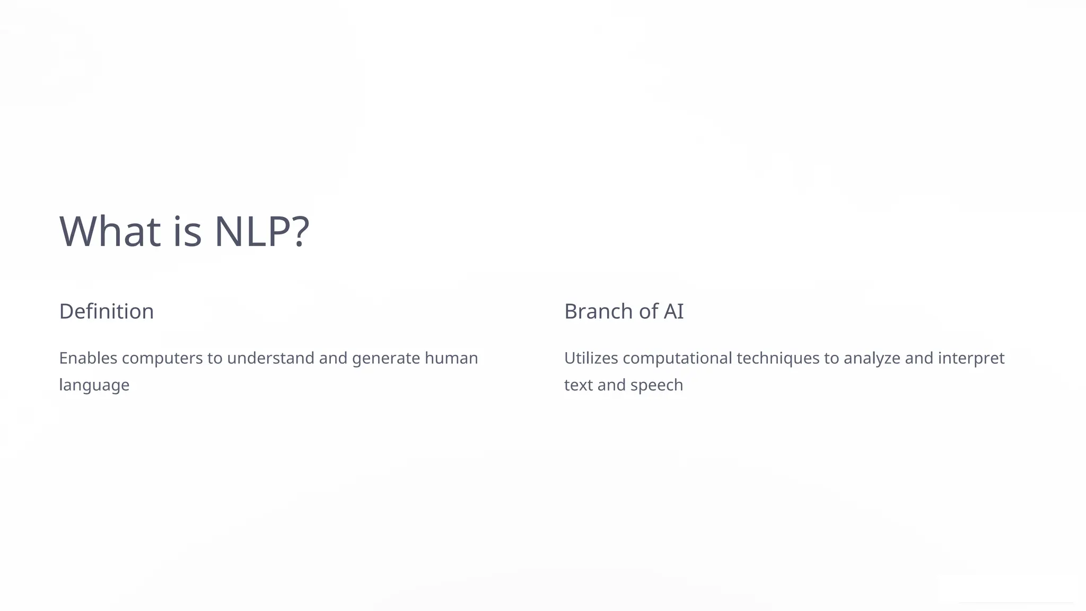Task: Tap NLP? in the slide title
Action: coord(261,231)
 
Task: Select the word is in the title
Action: coord(187,231)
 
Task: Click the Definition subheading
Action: coord(107,311)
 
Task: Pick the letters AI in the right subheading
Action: coord(673,311)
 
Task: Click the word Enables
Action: coord(88,358)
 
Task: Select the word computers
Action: coord(162,359)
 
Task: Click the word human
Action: coord(451,358)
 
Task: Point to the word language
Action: coord(94,386)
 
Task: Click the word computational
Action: coord(677,359)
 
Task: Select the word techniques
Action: coord(778,359)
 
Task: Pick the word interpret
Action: coord(971,359)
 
